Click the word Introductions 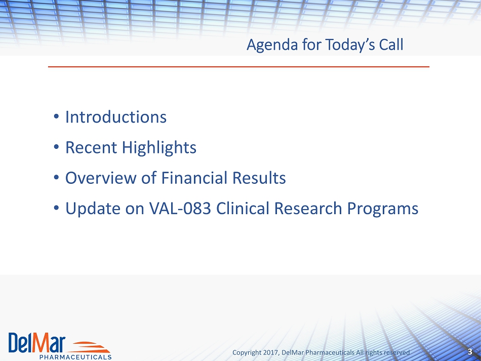[116, 117]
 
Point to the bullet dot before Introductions [56, 116]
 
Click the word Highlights [159, 147]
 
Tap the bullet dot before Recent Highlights [56, 147]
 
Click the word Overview [101, 178]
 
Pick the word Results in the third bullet [259, 178]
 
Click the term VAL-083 [180, 208]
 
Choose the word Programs [383, 209]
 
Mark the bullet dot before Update [56, 208]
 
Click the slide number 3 [470, 351]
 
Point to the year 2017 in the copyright [270, 352]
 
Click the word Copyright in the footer [247, 353]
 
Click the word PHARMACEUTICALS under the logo [75, 357]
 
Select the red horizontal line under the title [238, 66]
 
